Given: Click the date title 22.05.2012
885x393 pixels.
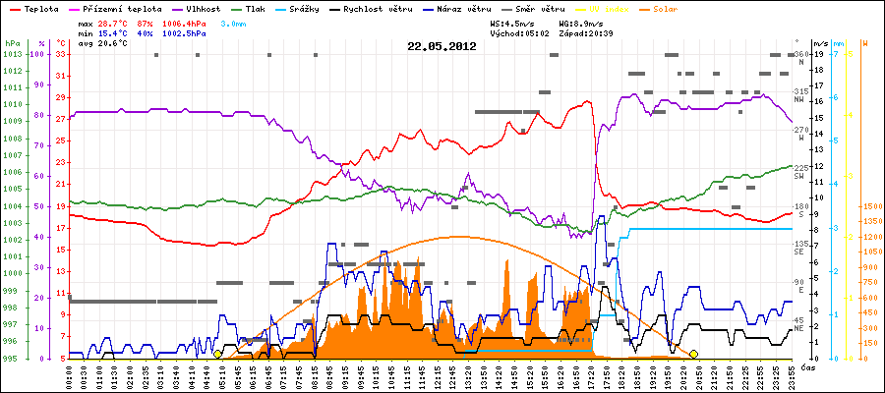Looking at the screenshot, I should click(x=442, y=46).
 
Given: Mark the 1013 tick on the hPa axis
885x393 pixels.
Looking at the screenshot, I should click(x=12, y=54).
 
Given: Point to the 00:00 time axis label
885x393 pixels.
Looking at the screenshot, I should click(x=70, y=373).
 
